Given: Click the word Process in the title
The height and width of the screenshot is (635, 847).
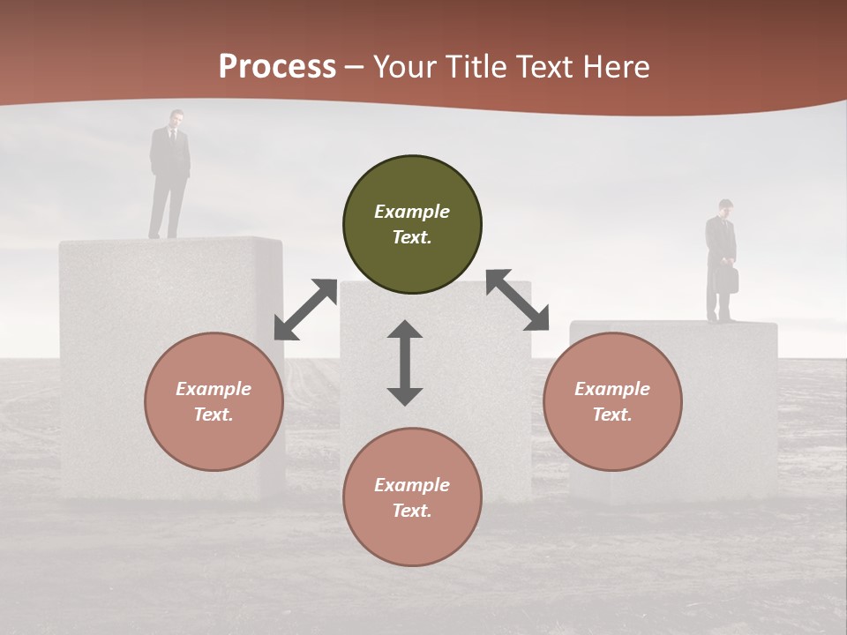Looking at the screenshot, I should [277, 67].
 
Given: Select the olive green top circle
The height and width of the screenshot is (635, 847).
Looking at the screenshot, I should [412, 224].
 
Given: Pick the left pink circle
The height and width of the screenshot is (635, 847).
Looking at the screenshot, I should [214, 401].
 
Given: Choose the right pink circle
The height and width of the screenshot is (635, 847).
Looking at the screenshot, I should [612, 401].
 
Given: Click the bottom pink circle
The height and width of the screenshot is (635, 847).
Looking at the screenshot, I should [412, 497].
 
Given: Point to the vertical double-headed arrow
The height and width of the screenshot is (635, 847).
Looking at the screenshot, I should [405, 362].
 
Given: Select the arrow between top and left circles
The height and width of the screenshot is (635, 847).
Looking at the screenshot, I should [305, 309].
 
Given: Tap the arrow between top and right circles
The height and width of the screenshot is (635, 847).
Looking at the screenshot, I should [517, 300].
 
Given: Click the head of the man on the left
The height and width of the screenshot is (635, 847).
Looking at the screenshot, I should [176, 118].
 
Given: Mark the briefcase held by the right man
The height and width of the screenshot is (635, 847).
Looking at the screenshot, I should [726, 279].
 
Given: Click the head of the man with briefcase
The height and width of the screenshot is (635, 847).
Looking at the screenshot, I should [725, 207].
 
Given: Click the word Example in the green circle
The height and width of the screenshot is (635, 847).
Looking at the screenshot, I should [412, 212].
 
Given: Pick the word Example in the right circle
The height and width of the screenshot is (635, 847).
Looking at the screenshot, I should [612, 389].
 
